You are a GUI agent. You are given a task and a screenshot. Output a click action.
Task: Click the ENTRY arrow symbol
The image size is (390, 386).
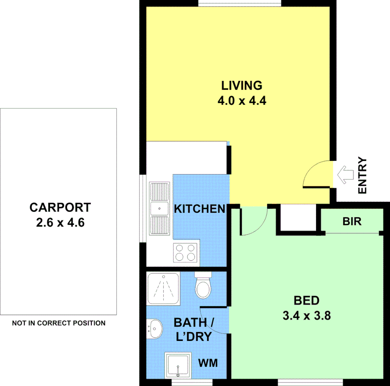coord(345,175)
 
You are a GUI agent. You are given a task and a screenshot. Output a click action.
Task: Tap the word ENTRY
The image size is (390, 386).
coord(362,175)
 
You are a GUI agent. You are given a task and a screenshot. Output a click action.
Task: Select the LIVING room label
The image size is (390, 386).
coord(242,86)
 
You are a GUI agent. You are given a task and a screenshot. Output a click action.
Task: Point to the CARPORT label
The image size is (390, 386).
coord(60,207)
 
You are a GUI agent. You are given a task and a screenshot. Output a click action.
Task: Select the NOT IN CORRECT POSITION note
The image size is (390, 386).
coord(59,323)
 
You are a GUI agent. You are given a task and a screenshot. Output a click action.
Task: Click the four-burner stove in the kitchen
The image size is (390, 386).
coord(186,252)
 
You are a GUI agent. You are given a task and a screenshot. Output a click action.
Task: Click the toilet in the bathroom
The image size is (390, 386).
coord(203,287)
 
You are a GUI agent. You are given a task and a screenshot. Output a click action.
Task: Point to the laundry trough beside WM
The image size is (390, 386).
coord(177,365)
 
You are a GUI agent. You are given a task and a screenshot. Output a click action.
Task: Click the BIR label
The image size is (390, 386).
coord(352,222)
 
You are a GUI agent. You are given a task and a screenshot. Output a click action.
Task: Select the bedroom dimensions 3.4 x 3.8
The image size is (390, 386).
coord(306,316)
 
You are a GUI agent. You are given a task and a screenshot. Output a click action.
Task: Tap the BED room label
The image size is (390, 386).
coord(306,301)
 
